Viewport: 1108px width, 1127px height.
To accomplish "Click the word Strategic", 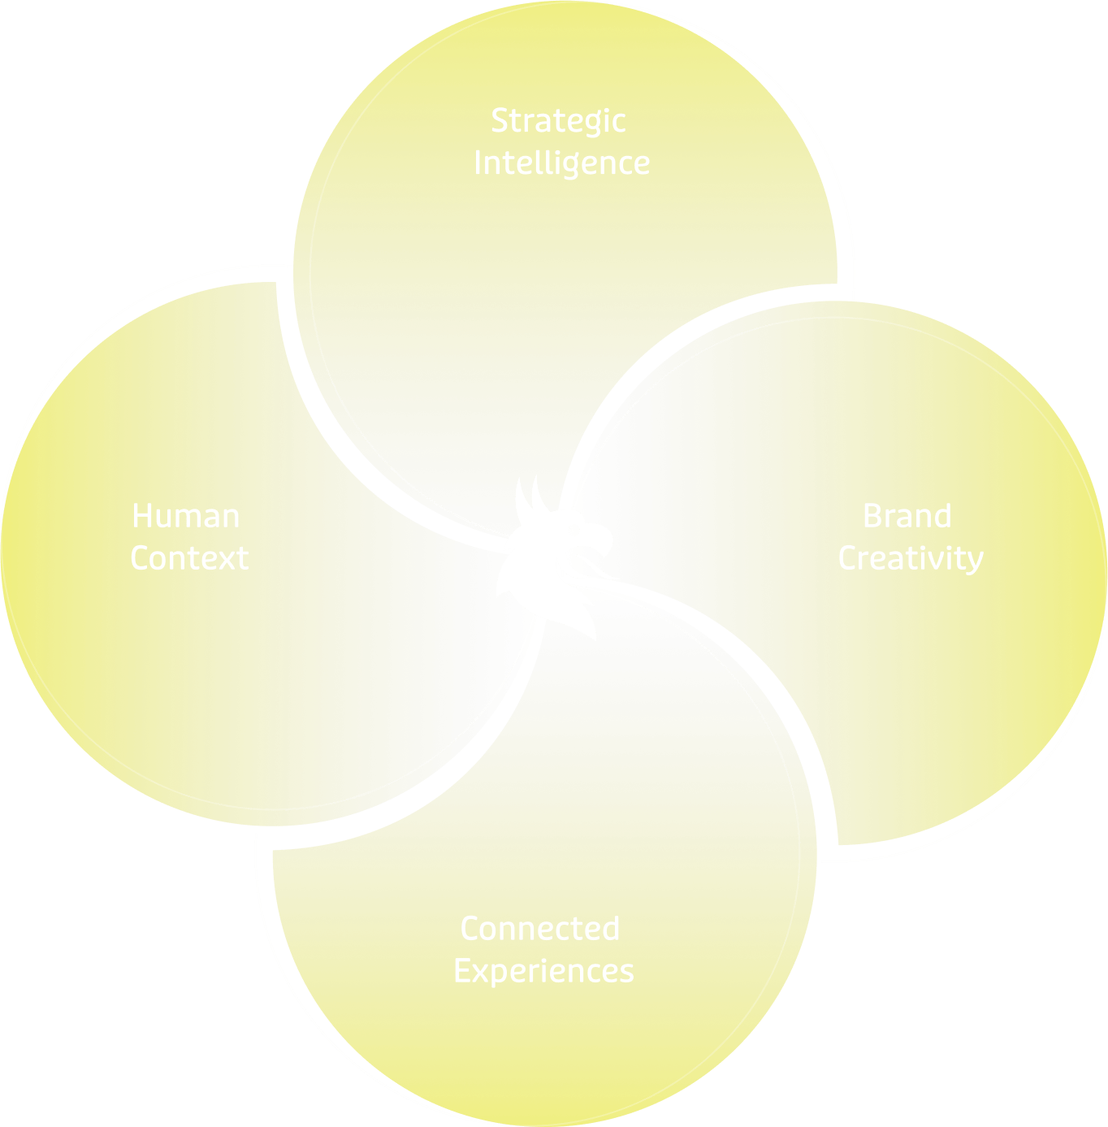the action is pos(558,122).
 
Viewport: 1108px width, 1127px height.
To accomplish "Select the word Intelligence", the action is pos(561,163).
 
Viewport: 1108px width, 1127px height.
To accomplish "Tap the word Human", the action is pos(186,517).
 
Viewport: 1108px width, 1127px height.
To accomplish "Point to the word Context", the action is pos(189,558).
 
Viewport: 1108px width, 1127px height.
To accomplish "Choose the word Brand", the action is pos(907,517).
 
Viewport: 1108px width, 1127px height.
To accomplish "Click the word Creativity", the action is pos(911,559).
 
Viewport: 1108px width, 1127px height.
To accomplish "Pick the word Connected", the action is pos(540,929).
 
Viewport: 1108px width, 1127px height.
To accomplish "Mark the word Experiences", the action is pos(543,971).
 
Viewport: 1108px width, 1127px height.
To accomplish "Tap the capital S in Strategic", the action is pos(500,121).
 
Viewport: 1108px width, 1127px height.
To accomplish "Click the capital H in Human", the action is pos(142,517).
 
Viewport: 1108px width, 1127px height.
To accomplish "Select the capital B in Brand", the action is pos(872,517).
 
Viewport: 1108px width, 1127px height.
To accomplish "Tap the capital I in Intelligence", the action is pos(478,163).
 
